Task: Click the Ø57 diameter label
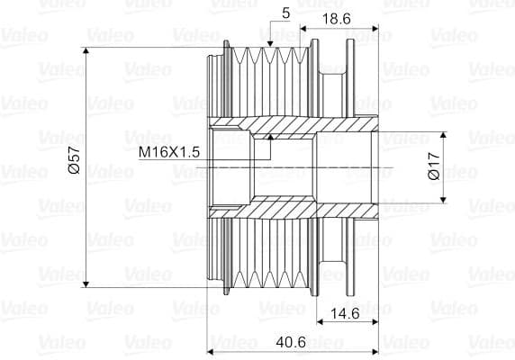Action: click(75, 160)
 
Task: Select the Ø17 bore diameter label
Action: click(434, 166)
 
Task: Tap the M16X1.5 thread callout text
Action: click(169, 152)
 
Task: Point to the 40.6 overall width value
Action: click(291, 342)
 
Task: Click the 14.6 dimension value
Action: click(345, 314)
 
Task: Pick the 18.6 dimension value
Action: click(336, 19)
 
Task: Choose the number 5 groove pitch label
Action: click(286, 13)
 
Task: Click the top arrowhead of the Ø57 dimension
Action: click(86, 50)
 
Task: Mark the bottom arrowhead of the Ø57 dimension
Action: click(86, 284)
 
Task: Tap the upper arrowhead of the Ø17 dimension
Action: click(443, 135)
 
